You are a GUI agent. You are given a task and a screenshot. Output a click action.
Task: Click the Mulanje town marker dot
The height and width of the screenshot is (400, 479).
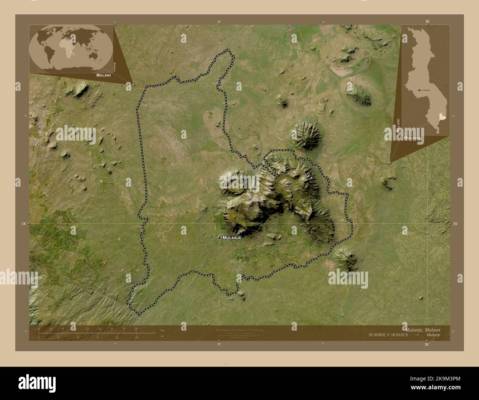pos(220,238)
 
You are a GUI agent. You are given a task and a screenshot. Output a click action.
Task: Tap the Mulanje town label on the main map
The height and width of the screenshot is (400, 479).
pos(232,238)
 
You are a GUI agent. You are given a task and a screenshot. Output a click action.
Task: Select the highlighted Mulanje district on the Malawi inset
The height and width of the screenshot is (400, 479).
pos(443,117)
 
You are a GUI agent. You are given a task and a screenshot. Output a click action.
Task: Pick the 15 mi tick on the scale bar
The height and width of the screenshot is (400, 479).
pos(137,337)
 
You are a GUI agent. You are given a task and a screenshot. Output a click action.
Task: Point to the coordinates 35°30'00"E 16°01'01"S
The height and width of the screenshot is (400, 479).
pos(387,335)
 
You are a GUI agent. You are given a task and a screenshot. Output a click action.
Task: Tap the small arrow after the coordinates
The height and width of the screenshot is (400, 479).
pos(416,335)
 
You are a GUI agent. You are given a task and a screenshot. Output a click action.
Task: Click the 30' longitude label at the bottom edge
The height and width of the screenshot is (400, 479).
pos(219,344)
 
